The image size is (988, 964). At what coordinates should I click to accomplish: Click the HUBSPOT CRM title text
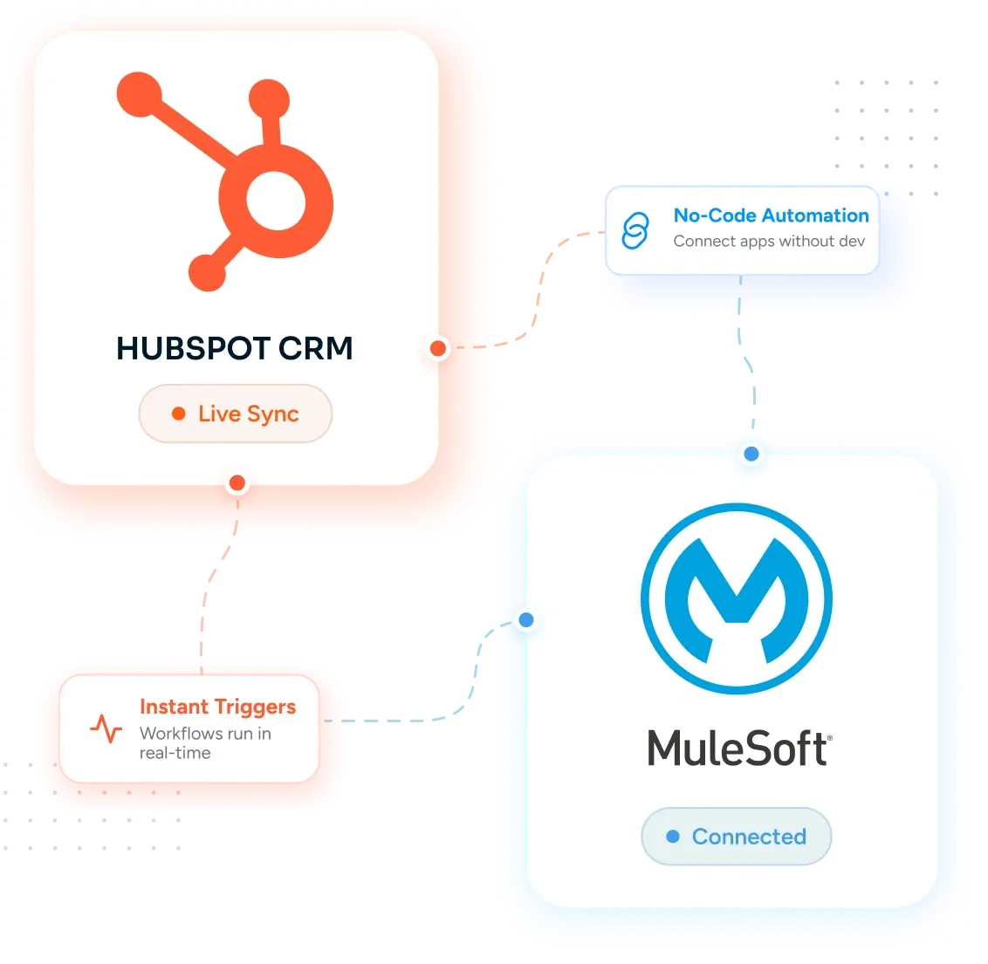click(235, 348)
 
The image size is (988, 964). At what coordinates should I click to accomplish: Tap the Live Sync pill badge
click(236, 414)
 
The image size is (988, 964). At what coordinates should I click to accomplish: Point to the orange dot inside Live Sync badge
click(179, 414)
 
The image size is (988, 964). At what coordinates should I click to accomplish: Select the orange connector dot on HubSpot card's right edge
click(438, 348)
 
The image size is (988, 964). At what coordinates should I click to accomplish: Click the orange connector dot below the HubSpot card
click(237, 483)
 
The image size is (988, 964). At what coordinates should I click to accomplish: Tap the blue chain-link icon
click(635, 230)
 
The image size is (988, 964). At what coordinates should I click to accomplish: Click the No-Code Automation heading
click(772, 215)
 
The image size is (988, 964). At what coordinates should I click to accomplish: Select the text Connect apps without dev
click(769, 241)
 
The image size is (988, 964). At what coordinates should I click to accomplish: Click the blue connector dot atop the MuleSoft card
click(751, 454)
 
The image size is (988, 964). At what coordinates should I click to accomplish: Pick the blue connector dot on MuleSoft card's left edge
click(526, 620)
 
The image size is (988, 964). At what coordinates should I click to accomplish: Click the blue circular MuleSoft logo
click(737, 598)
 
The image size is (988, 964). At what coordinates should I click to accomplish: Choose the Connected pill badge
click(737, 836)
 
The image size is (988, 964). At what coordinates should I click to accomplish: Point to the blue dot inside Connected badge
click(673, 836)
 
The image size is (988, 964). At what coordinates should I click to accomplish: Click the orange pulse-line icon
click(106, 728)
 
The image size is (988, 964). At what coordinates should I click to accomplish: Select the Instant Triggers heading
click(218, 708)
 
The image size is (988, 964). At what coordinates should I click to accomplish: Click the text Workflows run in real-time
click(205, 743)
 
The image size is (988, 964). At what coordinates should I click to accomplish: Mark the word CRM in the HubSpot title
click(316, 348)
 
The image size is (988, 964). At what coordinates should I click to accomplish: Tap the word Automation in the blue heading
click(815, 215)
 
